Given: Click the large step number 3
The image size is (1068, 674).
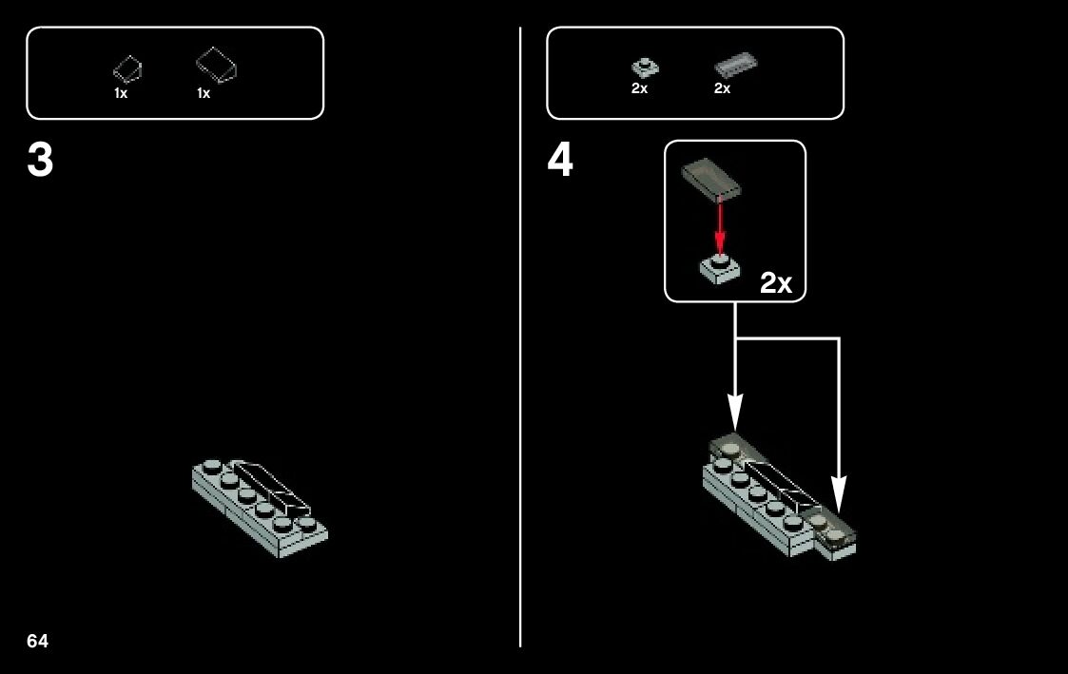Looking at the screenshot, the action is pyautogui.click(x=40, y=162).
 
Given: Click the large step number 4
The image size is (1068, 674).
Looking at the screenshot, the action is pyautogui.click(x=560, y=162).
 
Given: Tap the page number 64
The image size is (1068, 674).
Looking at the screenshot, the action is pyautogui.click(x=37, y=642).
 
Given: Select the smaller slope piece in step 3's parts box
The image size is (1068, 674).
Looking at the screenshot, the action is pyautogui.click(x=127, y=68).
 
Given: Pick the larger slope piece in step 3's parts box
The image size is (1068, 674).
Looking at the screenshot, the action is pyautogui.click(x=216, y=65).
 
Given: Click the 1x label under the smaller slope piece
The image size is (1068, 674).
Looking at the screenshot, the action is pyautogui.click(x=121, y=93).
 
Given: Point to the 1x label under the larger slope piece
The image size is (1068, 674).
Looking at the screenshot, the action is pyautogui.click(x=204, y=93).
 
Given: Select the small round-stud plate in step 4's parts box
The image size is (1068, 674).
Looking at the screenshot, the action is pyautogui.click(x=645, y=67).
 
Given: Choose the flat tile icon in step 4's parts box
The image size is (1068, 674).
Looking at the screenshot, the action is pyautogui.click(x=735, y=65).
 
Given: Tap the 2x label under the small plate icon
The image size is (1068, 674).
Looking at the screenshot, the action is pyautogui.click(x=639, y=88).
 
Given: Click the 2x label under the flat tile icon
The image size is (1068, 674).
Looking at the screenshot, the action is pyautogui.click(x=723, y=88).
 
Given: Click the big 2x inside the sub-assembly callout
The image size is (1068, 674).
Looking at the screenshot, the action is pyautogui.click(x=776, y=283).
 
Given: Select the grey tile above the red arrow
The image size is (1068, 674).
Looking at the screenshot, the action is pyautogui.click(x=711, y=179).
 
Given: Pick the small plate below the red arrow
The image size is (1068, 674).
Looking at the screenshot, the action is pyautogui.click(x=720, y=268).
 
